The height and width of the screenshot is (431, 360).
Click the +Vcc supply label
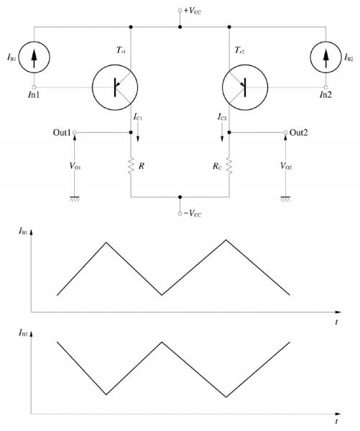[x=193, y=11]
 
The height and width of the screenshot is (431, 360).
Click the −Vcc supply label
[x=193, y=213]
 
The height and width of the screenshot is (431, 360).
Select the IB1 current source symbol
[x=34, y=57]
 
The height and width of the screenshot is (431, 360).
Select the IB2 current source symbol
[x=326, y=57]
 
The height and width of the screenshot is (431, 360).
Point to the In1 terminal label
[x=34, y=95]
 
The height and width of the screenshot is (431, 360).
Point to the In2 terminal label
[x=326, y=95]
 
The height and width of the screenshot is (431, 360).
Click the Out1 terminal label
[x=62, y=132]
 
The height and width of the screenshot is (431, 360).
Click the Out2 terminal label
[x=299, y=132]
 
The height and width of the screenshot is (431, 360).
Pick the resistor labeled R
[x=131, y=165]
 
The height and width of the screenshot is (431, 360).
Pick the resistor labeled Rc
[x=229, y=165]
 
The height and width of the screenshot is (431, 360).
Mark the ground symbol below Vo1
[x=75, y=199]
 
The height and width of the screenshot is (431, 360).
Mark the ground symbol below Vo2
[x=285, y=199]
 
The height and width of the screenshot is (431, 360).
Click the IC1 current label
[x=138, y=117]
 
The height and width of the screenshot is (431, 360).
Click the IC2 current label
[x=222, y=117]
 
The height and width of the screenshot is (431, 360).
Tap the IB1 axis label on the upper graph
[x=23, y=231]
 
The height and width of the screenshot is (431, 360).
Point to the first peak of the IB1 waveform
[x=106, y=243]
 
